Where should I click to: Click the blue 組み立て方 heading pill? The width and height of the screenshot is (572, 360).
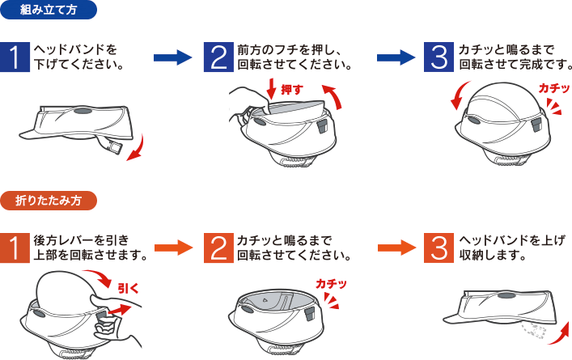[49, 10]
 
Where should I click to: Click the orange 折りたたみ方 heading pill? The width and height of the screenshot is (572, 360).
[49, 201]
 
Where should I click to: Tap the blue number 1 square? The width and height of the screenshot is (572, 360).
[15, 57]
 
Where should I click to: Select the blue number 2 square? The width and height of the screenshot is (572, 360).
[218, 57]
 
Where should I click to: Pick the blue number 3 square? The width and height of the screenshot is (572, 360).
[439, 57]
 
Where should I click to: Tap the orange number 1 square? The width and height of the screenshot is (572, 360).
[15, 248]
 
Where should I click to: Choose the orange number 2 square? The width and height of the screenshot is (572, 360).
[218, 248]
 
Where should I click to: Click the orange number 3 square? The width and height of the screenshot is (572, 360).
[439, 248]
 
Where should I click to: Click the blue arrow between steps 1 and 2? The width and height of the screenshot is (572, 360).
[172, 57]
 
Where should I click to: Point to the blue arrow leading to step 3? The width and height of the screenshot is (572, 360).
[396, 57]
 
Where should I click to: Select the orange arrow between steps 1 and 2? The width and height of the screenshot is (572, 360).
[173, 248]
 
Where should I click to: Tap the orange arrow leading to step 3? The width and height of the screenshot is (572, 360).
[396, 248]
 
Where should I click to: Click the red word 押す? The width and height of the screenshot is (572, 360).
[292, 90]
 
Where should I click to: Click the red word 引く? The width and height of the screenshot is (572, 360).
[129, 289]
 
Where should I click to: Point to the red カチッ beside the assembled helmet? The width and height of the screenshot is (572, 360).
[554, 88]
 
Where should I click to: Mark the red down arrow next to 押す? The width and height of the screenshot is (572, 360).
[271, 88]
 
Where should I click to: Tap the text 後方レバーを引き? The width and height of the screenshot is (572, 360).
[82, 240]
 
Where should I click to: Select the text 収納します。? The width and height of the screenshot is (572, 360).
[493, 255]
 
